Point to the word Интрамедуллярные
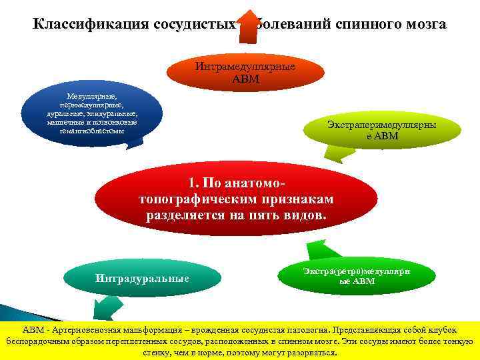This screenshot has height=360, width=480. (x=245, y=67)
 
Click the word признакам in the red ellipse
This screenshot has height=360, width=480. (x=297, y=199)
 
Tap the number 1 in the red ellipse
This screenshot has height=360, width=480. (x=192, y=183)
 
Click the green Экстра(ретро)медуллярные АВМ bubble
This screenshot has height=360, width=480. (x=357, y=276)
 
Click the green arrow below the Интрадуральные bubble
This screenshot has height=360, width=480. (x=107, y=308)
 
